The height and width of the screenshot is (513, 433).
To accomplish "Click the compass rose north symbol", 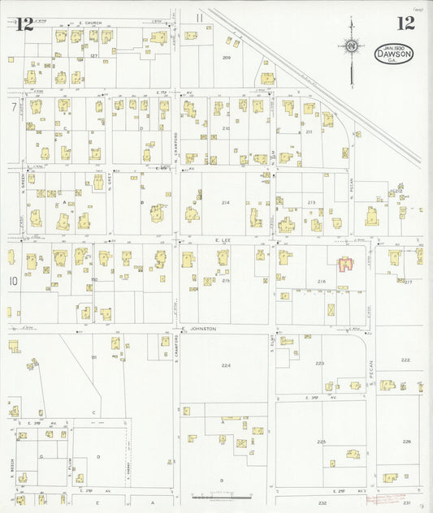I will pyautogui.click(x=351, y=46).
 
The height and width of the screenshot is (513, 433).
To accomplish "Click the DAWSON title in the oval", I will pyautogui.click(x=394, y=54).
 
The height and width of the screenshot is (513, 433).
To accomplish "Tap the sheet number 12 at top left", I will pyautogui.click(x=24, y=23).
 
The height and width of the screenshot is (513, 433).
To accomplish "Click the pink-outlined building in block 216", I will pyautogui.click(x=345, y=264).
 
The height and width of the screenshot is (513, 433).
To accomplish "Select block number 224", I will pyautogui.click(x=226, y=365).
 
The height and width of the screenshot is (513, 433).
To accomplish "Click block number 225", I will pyautogui.click(x=322, y=442).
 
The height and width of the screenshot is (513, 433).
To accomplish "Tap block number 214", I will pyautogui.click(x=225, y=202).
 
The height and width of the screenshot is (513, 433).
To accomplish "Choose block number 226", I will pyautogui.click(x=406, y=442).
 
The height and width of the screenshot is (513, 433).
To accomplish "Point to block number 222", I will pyautogui.click(x=405, y=359).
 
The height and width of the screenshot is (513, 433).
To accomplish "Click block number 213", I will pyautogui.click(x=311, y=202).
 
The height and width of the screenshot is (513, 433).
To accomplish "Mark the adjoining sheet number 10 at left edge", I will pyautogui.click(x=13, y=281).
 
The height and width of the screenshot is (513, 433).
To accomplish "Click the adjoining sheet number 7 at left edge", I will pyautogui.click(x=13, y=106).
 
